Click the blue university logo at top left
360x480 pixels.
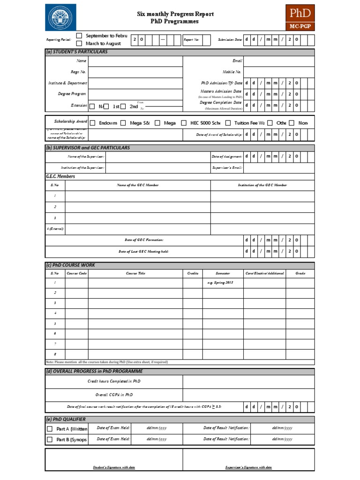tap(60, 17)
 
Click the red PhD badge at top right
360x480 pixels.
tap(300, 17)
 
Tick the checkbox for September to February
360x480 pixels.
tap(79, 36)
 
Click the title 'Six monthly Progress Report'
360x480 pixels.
tap(175, 14)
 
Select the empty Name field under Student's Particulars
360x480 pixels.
tap(135, 61)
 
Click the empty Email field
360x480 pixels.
tap(279, 61)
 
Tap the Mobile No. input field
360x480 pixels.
tap(279, 72)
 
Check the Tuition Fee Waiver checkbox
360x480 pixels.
tap(228, 123)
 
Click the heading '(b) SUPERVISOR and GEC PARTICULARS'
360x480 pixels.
tap(88, 148)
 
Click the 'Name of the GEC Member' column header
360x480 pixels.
tap(137, 185)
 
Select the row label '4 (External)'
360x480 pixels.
tap(55, 229)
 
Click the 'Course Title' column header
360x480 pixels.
tap(135, 273)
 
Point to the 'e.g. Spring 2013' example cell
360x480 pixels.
tap(220, 283)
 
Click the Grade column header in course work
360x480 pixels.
tap(300, 273)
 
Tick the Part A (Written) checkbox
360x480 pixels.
tap(50, 429)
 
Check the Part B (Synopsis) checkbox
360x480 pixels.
tap(50, 440)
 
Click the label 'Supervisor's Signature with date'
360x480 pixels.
tap(248, 467)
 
